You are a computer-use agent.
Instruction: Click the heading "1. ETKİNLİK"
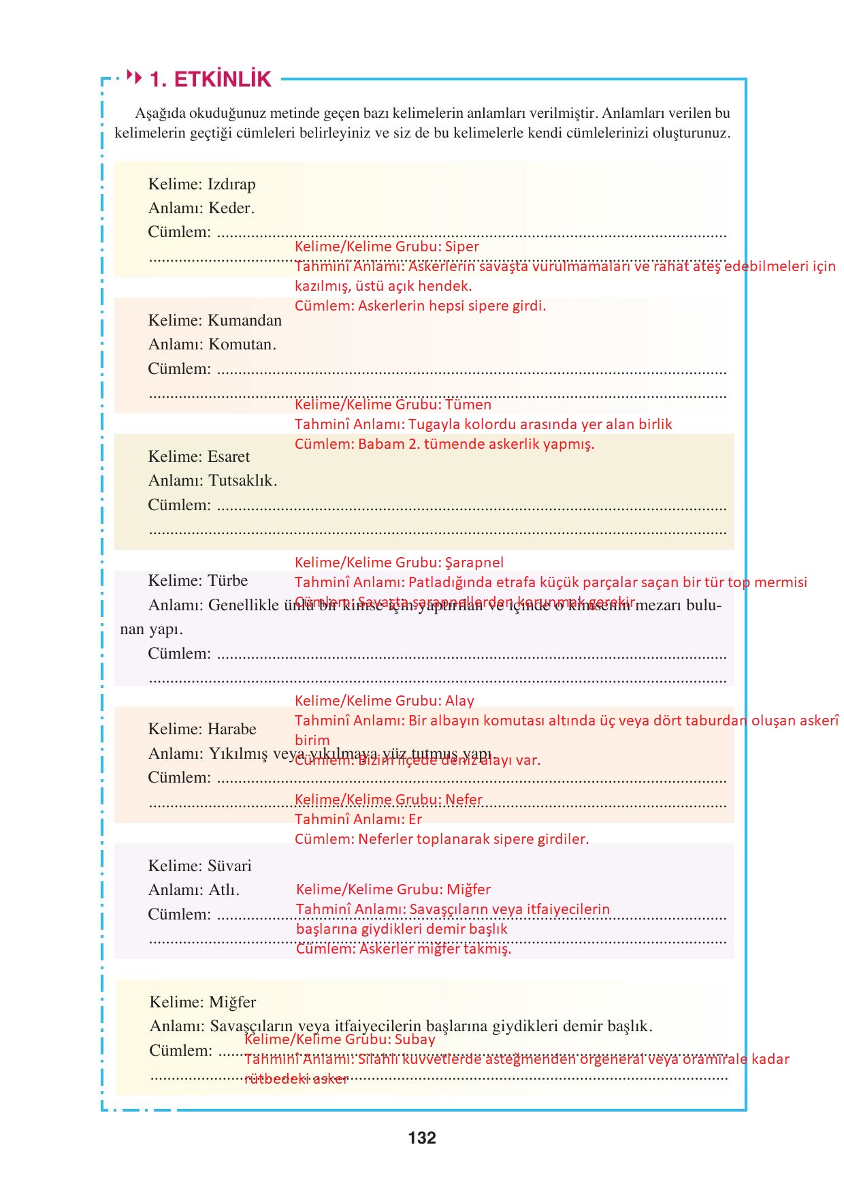210,80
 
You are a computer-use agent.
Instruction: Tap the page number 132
422,1137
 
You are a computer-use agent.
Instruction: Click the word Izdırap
231,184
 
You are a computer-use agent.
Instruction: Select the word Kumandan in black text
244,320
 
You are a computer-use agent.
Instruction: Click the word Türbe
227,580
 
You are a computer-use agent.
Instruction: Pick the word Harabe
231,729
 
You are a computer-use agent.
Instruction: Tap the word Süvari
229,866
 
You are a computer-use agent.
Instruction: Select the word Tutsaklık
242,480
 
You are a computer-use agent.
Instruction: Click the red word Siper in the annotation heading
461,247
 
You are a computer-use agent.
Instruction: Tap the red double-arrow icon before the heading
135,78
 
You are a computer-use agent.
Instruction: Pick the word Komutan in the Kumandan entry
242,344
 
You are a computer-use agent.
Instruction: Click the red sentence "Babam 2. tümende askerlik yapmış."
476,444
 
